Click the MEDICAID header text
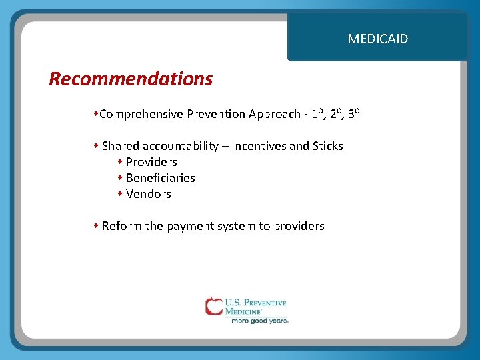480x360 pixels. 377,39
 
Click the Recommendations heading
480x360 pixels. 131,79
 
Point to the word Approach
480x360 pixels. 274,114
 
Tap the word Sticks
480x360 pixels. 327,146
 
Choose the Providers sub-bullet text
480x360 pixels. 151,162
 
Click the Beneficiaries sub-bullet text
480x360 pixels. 160,178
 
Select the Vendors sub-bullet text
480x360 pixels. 148,194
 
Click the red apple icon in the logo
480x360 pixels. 214,306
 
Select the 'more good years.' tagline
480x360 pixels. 259,321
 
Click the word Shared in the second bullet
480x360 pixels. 120,146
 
